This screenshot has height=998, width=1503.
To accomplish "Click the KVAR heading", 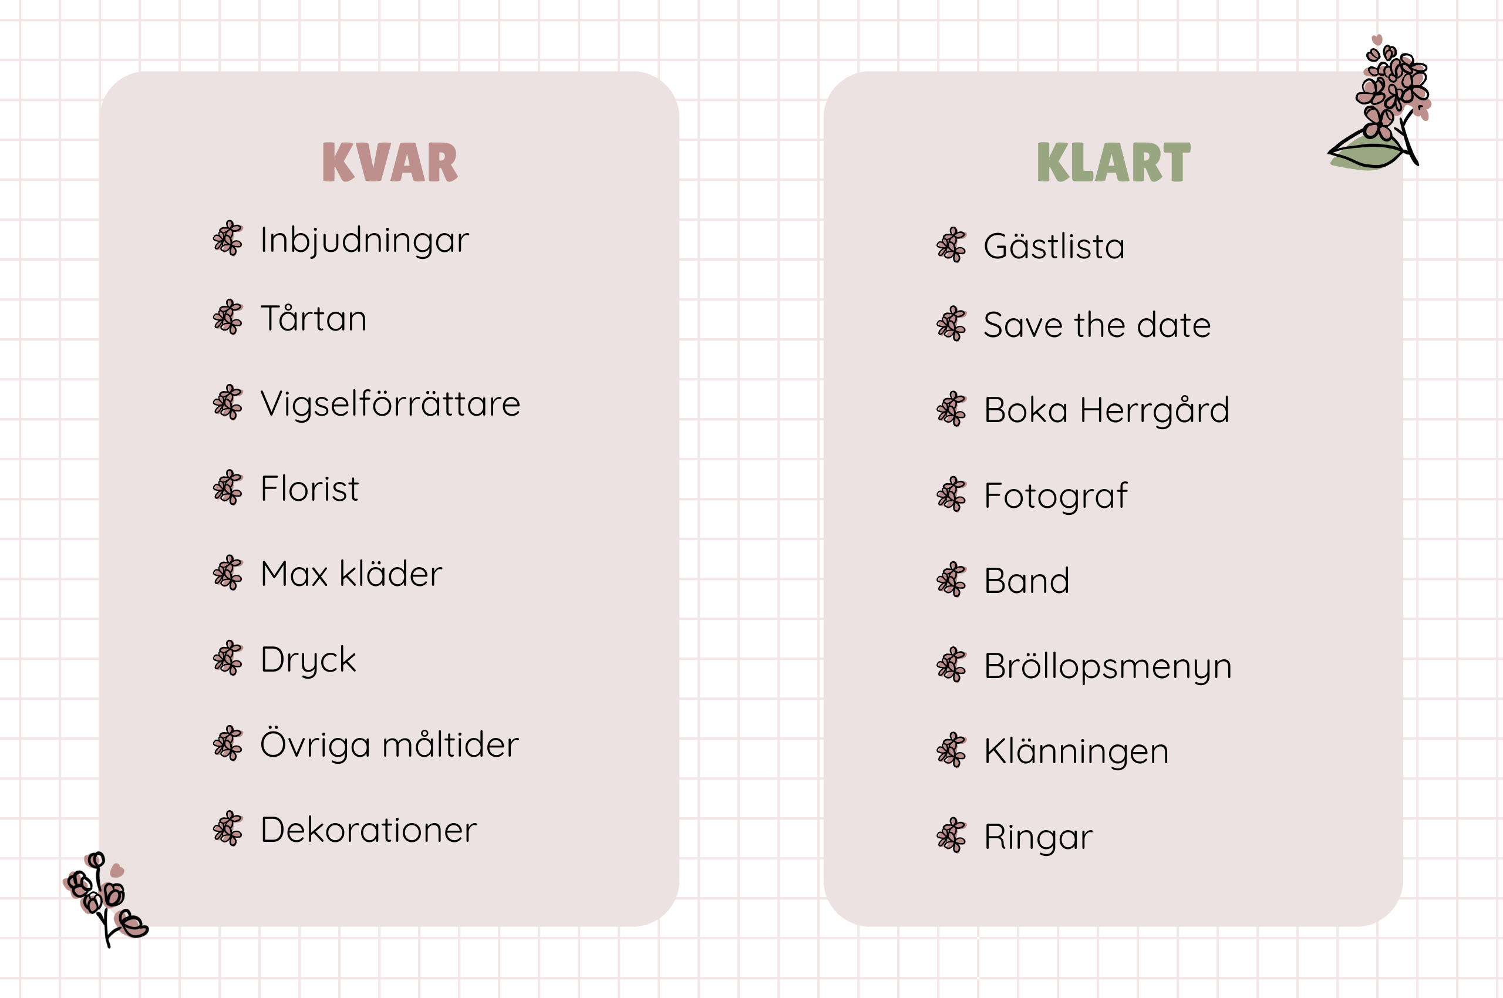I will tap(390, 162).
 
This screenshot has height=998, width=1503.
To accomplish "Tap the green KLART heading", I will tap(1113, 162).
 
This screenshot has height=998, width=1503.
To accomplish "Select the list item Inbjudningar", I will tap(364, 241).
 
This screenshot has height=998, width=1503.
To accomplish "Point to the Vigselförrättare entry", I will tap(390, 404).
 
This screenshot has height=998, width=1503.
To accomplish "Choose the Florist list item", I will tap(309, 489).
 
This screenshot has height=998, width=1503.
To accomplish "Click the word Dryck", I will tap(308, 659).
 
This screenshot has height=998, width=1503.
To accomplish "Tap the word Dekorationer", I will tap(368, 830).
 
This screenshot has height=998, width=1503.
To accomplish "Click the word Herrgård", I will tap(1154, 410).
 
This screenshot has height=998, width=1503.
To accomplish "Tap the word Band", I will tap(1026, 581).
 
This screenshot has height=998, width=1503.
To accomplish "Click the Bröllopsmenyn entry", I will tap(1107, 666).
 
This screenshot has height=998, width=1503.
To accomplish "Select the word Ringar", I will tap(1037, 837).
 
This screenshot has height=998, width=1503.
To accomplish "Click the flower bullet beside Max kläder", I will tap(228, 573).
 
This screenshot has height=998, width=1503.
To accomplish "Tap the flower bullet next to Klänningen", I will tap(951, 750).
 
